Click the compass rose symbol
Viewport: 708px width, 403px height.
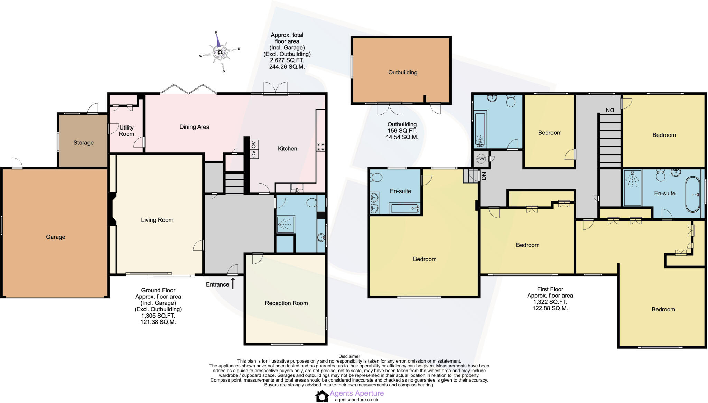pyautogui.click(x=220, y=52)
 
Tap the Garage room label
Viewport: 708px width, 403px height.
pyautogui.click(x=55, y=237)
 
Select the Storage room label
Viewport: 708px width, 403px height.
pyautogui.click(x=83, y=143)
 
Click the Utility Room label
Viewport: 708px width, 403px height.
pyautogui.click(x=126, y=131)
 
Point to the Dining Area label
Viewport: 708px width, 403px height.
pyautogui.click(x=194, y=127)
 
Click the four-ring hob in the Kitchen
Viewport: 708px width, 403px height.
pyautogui.click(x=320, y=147)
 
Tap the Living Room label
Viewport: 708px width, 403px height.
pyautogui.click(x=157, y=220)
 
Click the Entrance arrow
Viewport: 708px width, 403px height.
pyautogui.click(x=233, y=283)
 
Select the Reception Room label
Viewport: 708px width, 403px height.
pyautogui.click(x=286, y=303)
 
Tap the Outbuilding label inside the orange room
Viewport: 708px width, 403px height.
pyautogui.click(x=402, y=72)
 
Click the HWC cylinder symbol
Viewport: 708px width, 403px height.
pyautogui.click(x=481, y=159)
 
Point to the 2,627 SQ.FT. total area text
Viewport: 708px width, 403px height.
pyautogui.click(x=287, y=60)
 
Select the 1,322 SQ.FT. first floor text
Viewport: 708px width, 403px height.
pyautogui.click(x=550, y=302)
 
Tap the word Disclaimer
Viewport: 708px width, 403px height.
pyautogui.click(x=349, y=356)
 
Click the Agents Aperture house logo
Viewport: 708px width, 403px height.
pyautogui.click(x=322, y=396)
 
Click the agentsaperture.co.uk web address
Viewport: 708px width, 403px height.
pyautogui.click(x=356, y=400)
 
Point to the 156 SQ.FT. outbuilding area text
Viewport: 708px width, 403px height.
pyautogui.click(x=402, y=131)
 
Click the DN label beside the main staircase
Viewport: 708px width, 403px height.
pyautogui.click(x=610, y=110)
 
